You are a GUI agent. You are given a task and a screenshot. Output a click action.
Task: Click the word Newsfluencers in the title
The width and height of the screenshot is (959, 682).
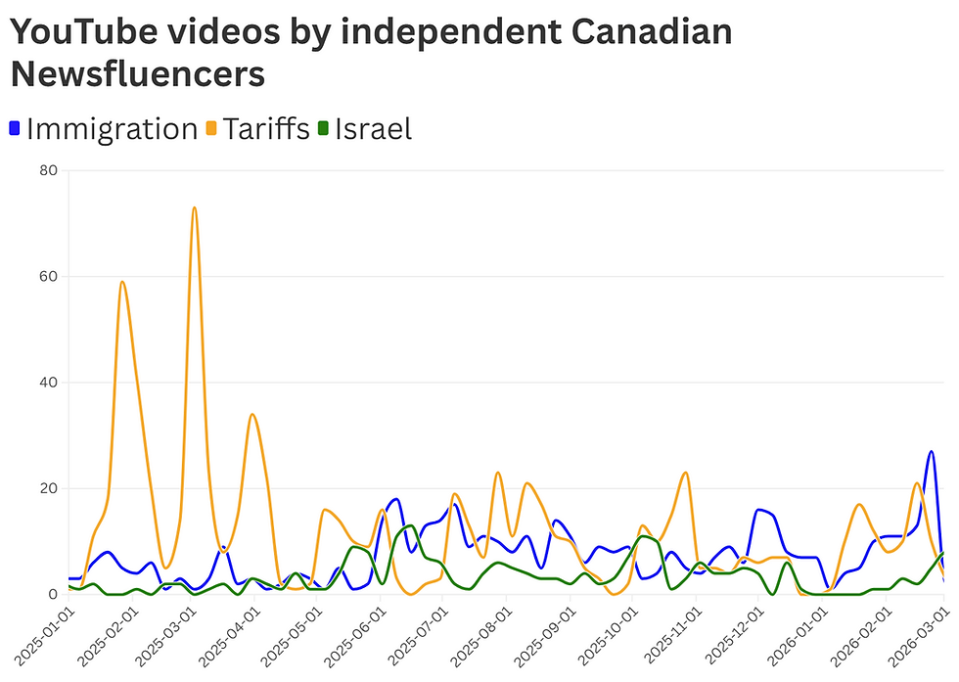(137, 73)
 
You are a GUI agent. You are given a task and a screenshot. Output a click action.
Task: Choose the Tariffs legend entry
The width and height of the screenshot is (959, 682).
(266, 128)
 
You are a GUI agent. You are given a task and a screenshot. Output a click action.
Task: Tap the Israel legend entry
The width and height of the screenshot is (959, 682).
(373, 128)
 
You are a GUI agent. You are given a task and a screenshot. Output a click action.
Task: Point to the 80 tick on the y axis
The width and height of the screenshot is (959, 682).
(48, 170)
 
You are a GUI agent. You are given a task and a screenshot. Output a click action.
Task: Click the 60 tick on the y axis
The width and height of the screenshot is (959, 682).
(48, 276)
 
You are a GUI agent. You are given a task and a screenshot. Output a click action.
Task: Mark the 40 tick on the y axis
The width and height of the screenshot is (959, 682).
(48, 383)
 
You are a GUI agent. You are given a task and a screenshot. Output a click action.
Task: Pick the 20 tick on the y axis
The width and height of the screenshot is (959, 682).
(48, 488)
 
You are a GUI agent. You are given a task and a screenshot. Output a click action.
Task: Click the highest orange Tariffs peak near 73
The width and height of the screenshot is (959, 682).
(195, 208)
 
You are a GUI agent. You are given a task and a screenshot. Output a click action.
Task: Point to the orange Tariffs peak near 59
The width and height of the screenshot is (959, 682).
(122, 282)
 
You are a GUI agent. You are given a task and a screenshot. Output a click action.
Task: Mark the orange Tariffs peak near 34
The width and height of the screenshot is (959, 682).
(252, 414)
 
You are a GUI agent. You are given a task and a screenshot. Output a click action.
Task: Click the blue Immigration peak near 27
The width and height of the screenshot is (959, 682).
(931, 452)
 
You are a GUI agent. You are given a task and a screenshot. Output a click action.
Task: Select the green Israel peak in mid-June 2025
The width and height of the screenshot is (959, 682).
(410, 525)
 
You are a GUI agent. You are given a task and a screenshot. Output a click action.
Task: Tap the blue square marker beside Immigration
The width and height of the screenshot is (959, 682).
(15, 128)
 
